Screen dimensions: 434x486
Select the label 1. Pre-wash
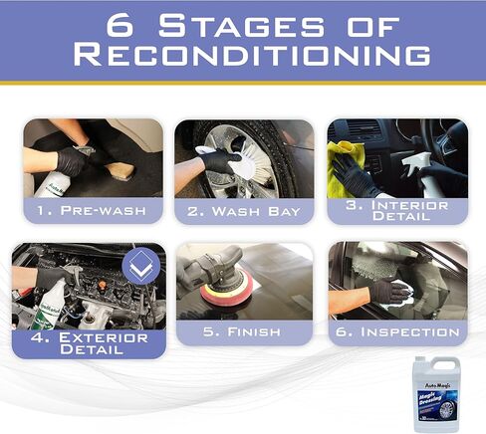click(93, 211)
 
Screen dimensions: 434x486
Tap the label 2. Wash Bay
click(244, 211)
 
